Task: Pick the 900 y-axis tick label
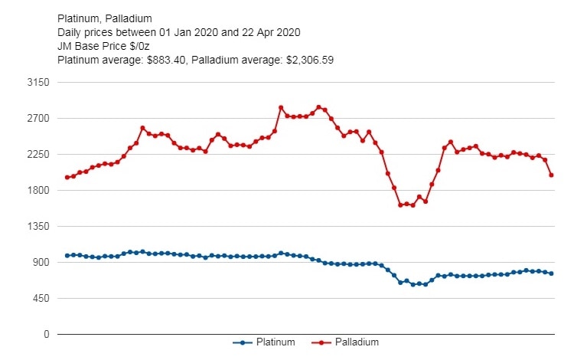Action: [41, 263]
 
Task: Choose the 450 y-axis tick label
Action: [41, 299]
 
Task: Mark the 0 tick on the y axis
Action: [46, 335]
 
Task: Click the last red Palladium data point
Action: [551, 175]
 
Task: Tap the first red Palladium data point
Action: [67, 177]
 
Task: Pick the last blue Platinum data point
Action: [551, 273]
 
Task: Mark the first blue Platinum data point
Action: [67, 255]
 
